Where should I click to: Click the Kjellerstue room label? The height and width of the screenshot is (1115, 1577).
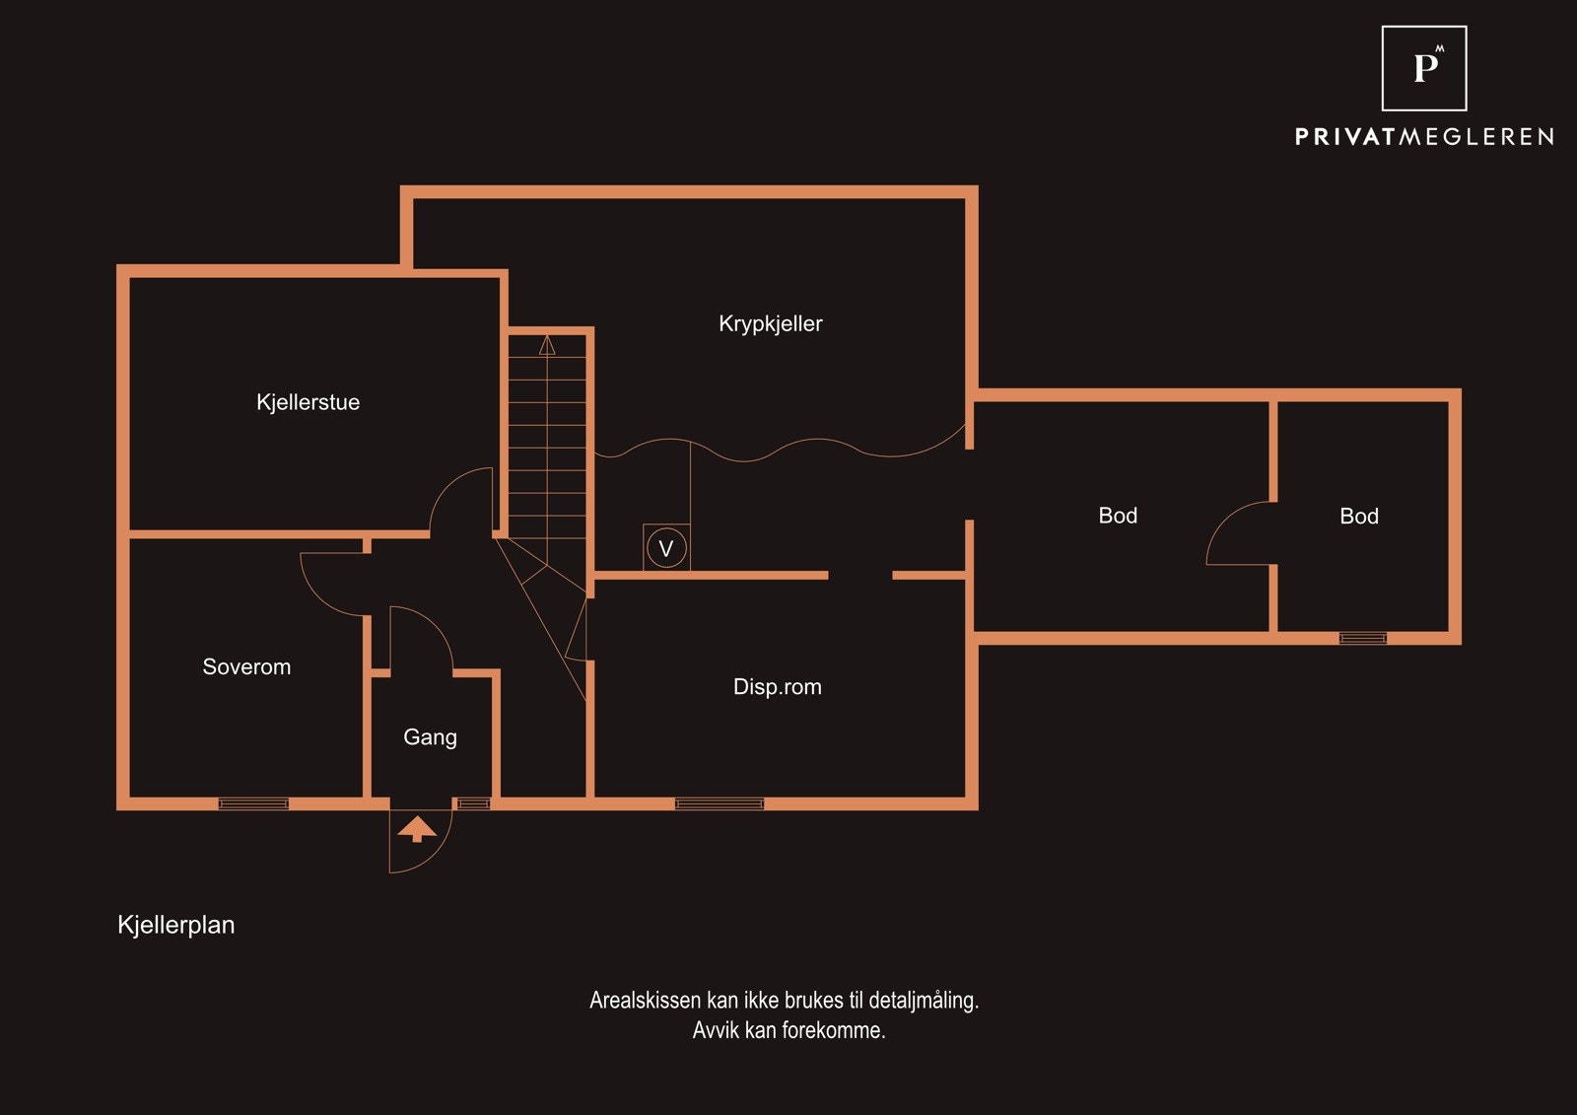click(x=308, y=402)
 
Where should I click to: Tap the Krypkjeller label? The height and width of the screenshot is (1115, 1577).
click(x=770, y=324)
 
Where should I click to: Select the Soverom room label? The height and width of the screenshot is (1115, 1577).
click(x=246, y=666)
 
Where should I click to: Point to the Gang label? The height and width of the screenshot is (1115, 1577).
click(x=430, y=737)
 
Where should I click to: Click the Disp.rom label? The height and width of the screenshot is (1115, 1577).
click(x=778, y=687)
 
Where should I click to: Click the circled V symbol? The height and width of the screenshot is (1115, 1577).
click(x=666, y=547)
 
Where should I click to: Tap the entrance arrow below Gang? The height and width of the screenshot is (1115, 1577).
click(x=417, y=829)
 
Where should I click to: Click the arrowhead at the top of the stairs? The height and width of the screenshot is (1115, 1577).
click(x=547, y=345)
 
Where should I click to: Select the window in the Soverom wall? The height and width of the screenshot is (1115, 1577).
click(x=253, y=803)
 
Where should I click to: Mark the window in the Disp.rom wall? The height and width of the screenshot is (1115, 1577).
click(x=719, y=803)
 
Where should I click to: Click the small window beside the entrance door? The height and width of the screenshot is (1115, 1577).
click(x=474, y=803)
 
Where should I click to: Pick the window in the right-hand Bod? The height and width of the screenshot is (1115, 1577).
click(x=1363, y=638)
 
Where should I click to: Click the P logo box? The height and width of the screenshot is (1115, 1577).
click(x=1424, y=68)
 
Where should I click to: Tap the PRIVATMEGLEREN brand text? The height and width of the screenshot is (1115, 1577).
click(x=1424, y=137)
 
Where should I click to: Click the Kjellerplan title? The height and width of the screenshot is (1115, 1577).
click(x=176, y=925)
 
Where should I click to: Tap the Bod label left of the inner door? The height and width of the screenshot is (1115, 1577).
click(x=1118, y=516)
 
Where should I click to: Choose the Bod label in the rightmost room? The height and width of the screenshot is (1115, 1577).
click(x=1359, y=517)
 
